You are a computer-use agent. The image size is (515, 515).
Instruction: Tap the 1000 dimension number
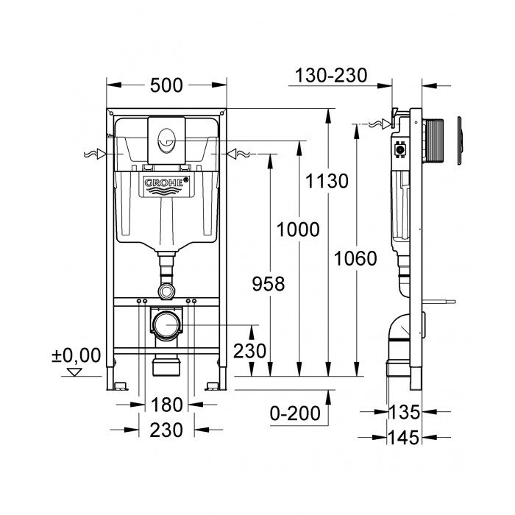(x=298, y=230)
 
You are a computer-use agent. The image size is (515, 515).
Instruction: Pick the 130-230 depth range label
(x=330, y=75)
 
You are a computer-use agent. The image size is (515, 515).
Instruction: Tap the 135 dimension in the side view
(x=405, y=411)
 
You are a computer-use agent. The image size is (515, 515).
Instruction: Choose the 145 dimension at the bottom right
(x=405, y=437)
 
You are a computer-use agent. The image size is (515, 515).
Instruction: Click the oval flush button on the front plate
(x=166, y=135)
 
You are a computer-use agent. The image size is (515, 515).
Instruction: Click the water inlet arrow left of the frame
(x=94, y=154)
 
